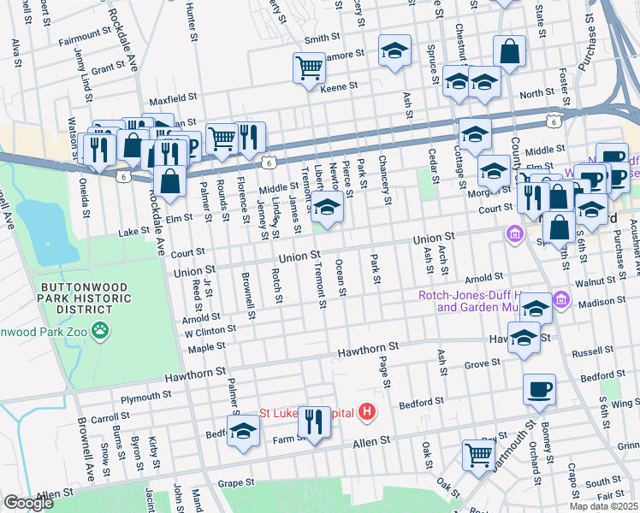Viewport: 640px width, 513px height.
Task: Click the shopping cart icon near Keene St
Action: (308, 68)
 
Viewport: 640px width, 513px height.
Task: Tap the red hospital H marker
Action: (367, 413)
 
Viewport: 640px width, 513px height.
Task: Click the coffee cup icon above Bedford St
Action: (539, 390)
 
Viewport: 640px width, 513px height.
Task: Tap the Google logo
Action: (28, 503)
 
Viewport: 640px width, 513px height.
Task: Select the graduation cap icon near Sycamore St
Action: (394, 51)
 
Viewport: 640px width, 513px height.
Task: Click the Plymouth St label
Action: (146, 398)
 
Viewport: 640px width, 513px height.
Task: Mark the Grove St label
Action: (482, 364)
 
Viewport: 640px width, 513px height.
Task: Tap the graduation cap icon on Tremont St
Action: (326, 206)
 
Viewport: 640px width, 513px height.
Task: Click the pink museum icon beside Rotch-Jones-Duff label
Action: (560, 298)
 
